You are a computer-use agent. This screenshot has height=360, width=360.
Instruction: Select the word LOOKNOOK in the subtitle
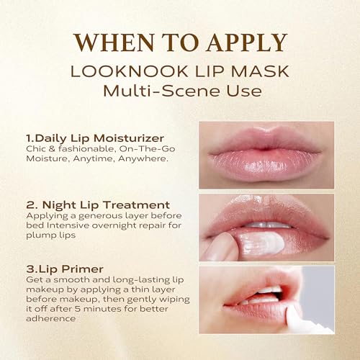pos(129,71)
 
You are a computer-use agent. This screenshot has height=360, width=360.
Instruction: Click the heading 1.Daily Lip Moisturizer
pos(95,138)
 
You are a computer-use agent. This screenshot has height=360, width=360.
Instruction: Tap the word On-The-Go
pos(147,149)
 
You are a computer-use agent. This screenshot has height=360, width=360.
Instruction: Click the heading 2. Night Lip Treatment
pos(98,205)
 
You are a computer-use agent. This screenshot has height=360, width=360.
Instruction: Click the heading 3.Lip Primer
pos(65,269)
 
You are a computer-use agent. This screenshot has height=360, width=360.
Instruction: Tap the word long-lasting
pos(141,280)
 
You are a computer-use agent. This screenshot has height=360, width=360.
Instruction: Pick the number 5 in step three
pos(77,309)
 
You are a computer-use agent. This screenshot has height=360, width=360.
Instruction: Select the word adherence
pos(50,319)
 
